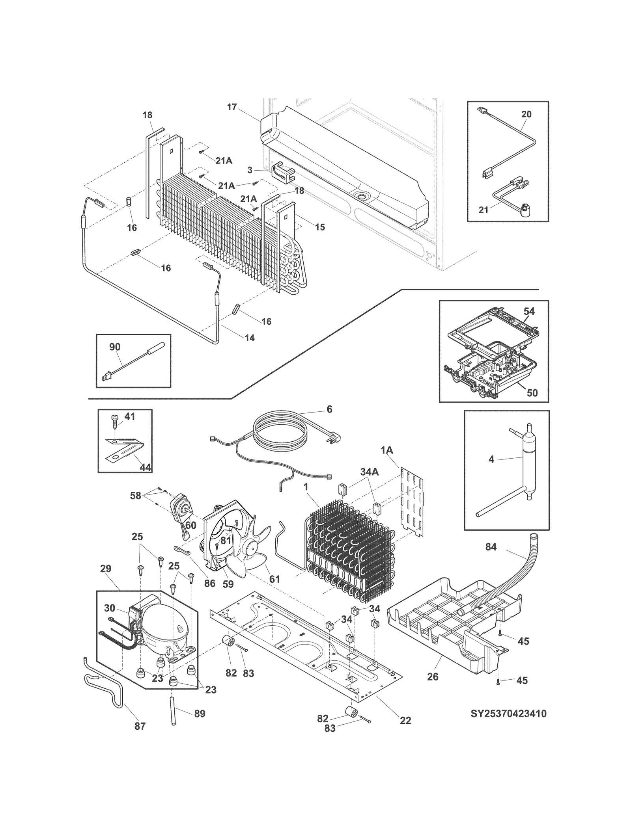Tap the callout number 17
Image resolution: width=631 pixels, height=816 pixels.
(x=232, y=107)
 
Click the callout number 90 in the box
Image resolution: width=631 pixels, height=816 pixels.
(x=115, y=347)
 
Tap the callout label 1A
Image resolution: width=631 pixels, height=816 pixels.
(x=387, y=450)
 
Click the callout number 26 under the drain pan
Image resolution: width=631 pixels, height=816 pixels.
(x=433, y=677)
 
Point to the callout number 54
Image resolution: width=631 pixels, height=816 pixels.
(x=529, y=311)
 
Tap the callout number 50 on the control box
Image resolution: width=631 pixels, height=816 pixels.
(x=532, y=393)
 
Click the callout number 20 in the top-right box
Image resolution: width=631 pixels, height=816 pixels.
(x=526, y=114)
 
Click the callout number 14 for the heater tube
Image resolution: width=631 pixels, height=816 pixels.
(x=250, y=338)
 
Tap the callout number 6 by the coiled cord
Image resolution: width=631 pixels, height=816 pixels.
(x=329, y=409)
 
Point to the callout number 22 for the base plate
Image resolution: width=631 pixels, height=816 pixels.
(x=405, y=721)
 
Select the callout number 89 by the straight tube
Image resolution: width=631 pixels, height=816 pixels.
(x=200, y=714)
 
